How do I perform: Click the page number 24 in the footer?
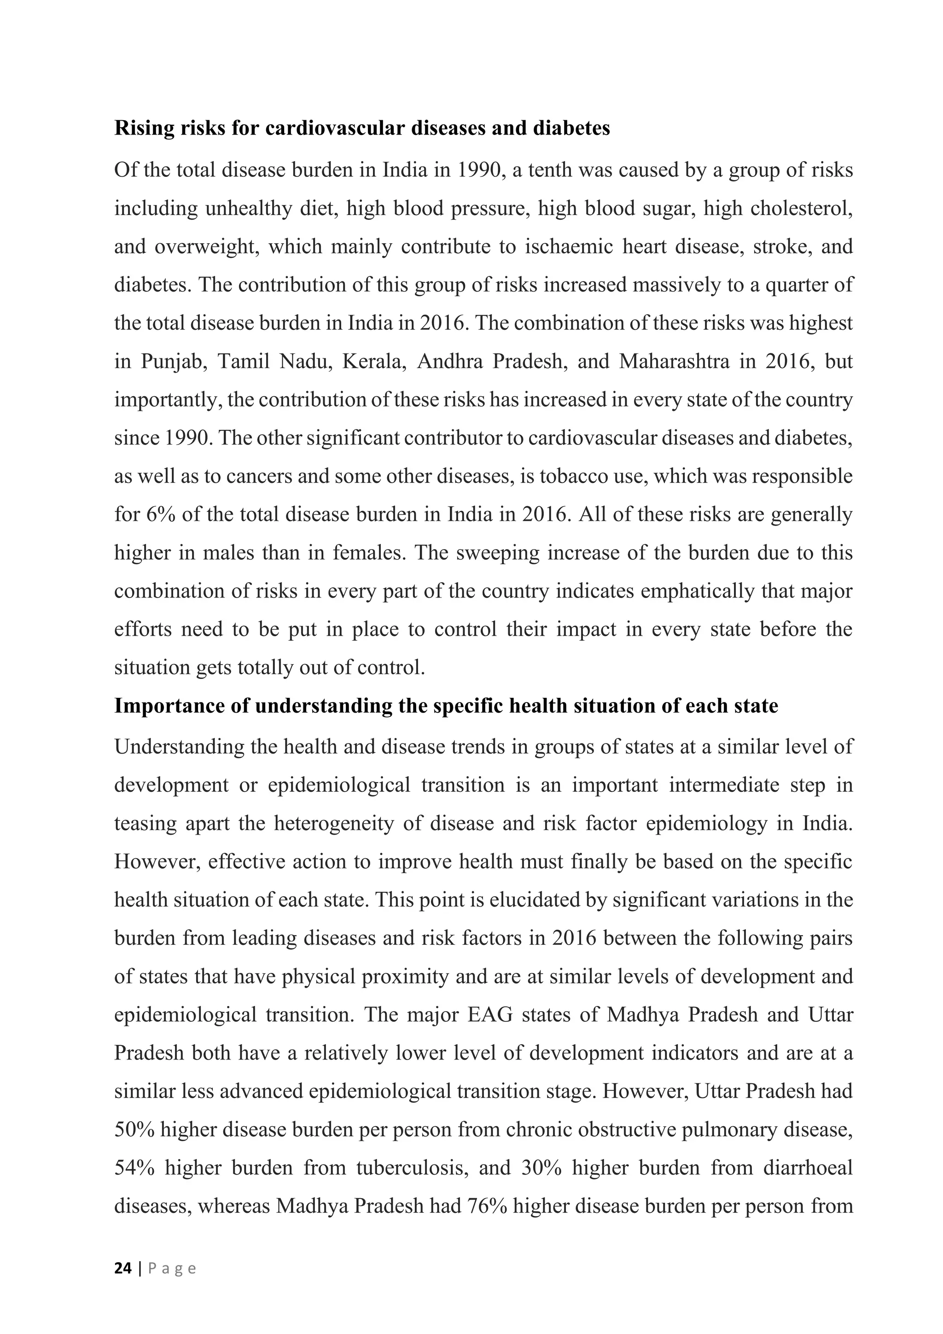tap(122, 1268)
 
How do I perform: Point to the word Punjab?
tap(174, 362)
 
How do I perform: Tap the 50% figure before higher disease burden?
tap(134, 1130)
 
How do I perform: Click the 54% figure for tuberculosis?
tap(134, 1168)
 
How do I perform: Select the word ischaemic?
tap(569, 247)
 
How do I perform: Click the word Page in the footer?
tap(173, 1268)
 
